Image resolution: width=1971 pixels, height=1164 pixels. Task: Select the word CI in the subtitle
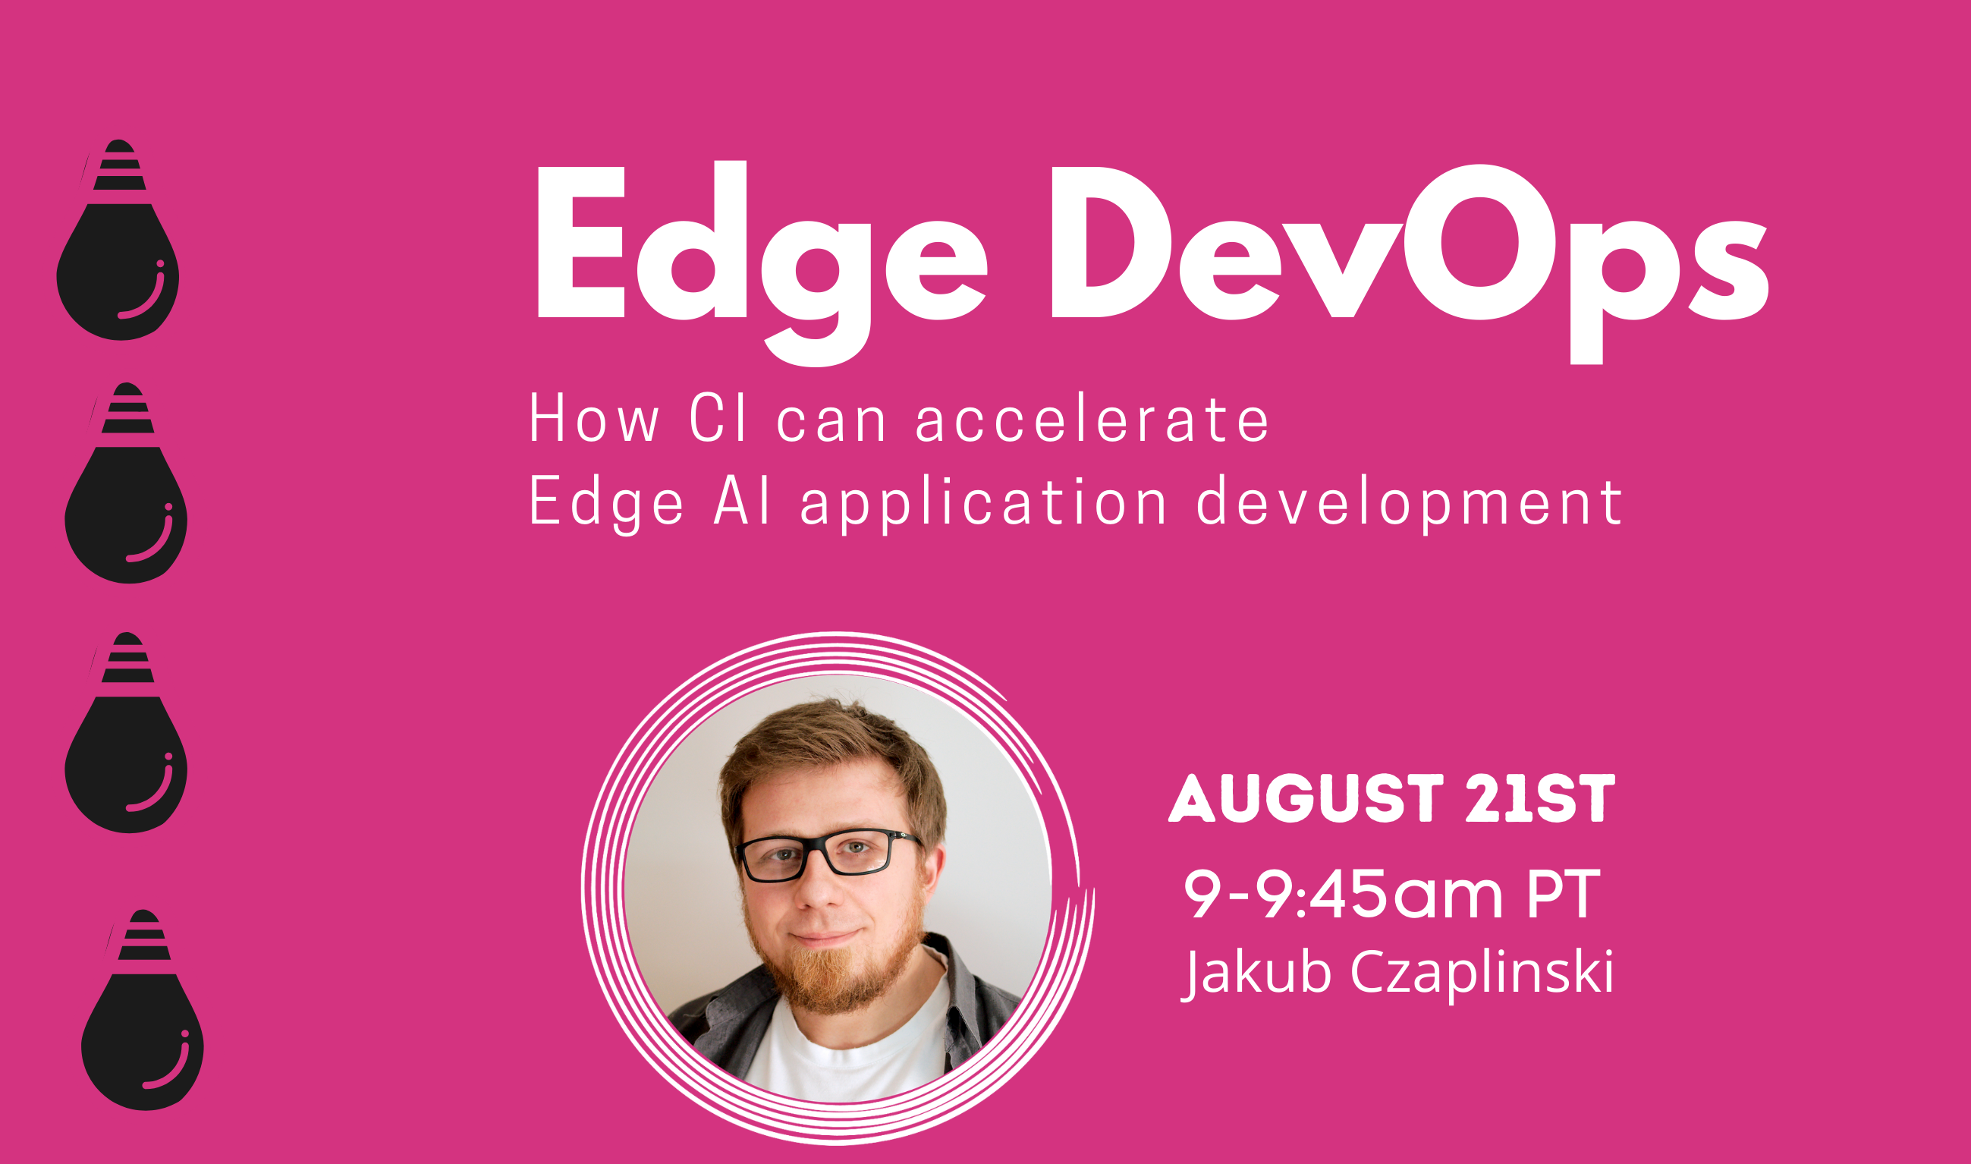click(718, 419)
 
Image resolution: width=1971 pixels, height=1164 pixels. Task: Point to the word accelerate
click(1092, 419)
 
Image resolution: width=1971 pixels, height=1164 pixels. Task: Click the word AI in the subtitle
click(743, 502)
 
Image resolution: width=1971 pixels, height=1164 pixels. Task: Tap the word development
click(1409, 504)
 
